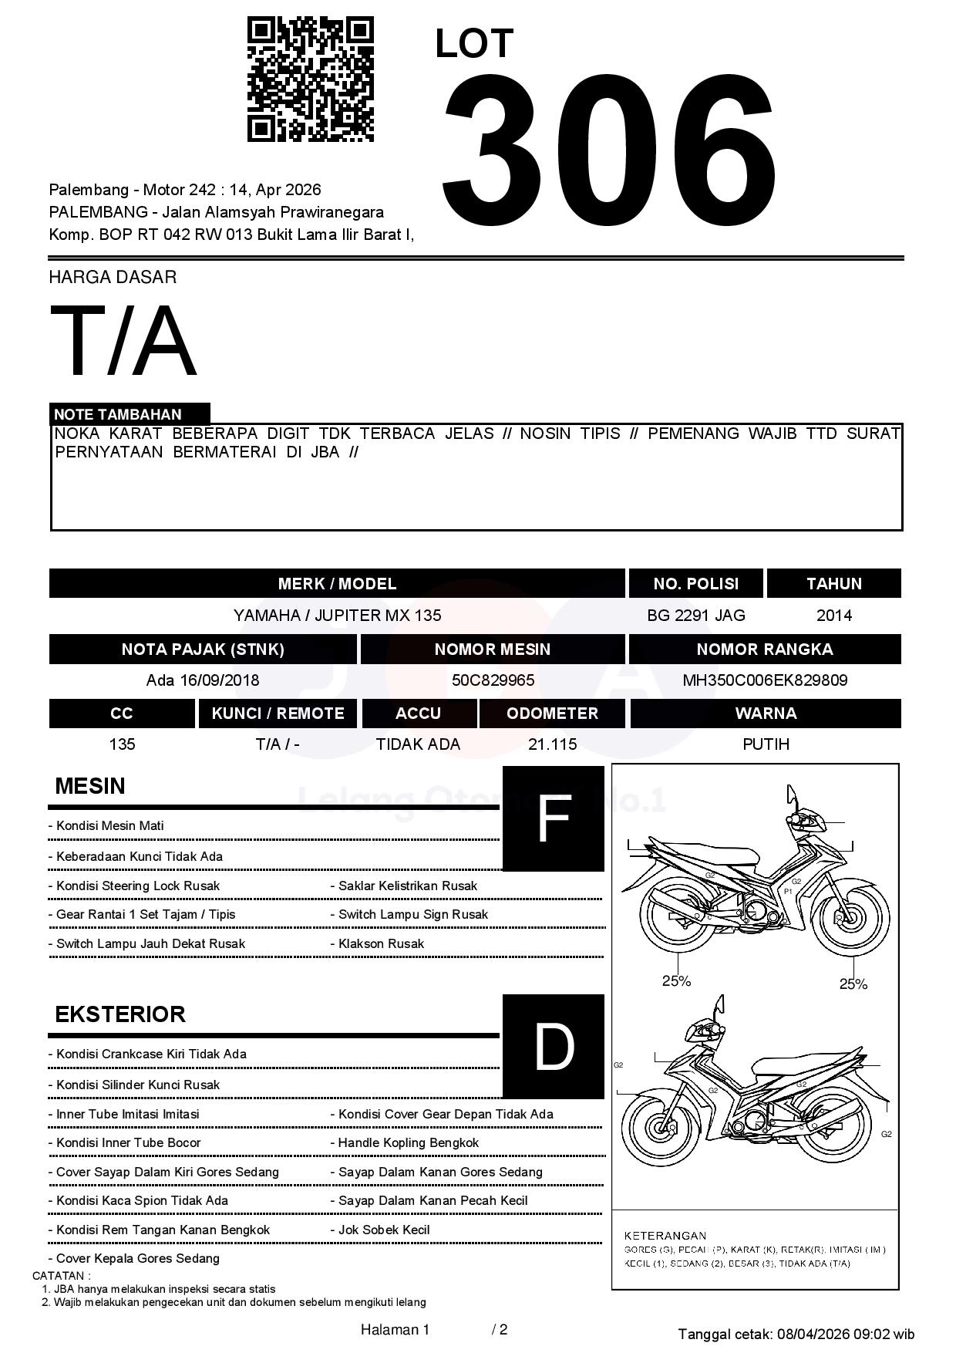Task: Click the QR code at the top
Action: (311, 79)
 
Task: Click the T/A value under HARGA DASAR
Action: (123, 341)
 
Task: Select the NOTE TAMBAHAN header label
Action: (117, 414)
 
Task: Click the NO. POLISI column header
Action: (695, 584)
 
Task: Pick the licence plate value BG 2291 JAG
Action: (696, 616)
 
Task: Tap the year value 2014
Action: (834, 616)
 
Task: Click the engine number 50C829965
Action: (493, 680)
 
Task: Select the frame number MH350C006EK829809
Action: (765, 680)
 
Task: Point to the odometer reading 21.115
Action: (552, 744)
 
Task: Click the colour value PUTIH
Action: (766, 744)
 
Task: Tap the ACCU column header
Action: (418, 714)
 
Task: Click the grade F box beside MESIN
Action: (553, 818)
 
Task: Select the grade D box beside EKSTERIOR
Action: (553, 1047)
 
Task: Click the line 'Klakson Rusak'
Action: (381, 944)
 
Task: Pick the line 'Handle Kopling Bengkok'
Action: (408, 1143)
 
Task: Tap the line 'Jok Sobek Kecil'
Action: (383, 1230)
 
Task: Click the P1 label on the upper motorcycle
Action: (788, 891)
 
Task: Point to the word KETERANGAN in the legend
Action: (665, 1236)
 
